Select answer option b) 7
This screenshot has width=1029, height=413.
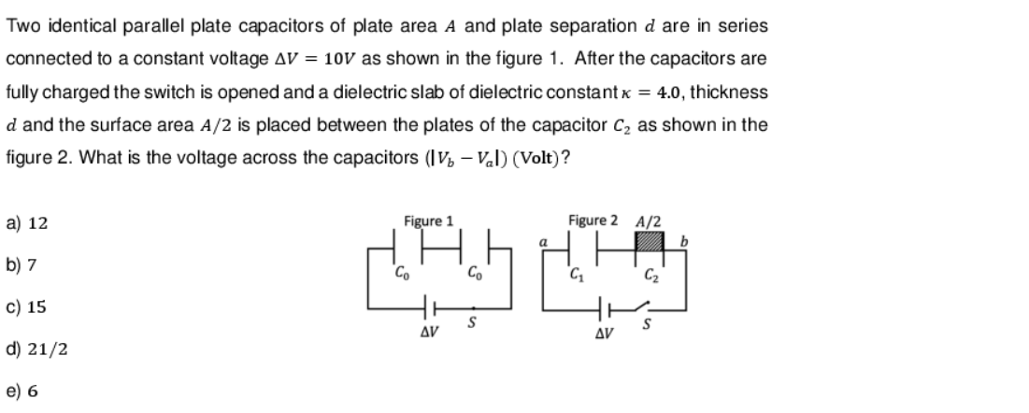(x=22, y=265)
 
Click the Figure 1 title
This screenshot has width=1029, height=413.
(x=428, y=221)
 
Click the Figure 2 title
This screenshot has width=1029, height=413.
(x=592, y=221)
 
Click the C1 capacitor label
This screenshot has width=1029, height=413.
(x=576, y=274)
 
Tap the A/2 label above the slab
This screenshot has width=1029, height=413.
(x=647, y=221)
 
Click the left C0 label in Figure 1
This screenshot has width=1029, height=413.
(x=401, y=274)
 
